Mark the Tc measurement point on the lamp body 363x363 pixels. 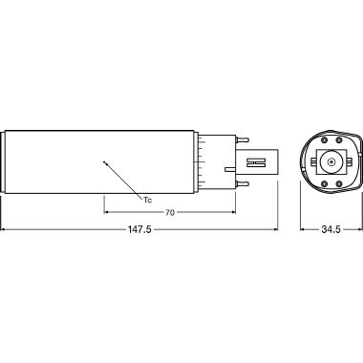coord(105,161)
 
